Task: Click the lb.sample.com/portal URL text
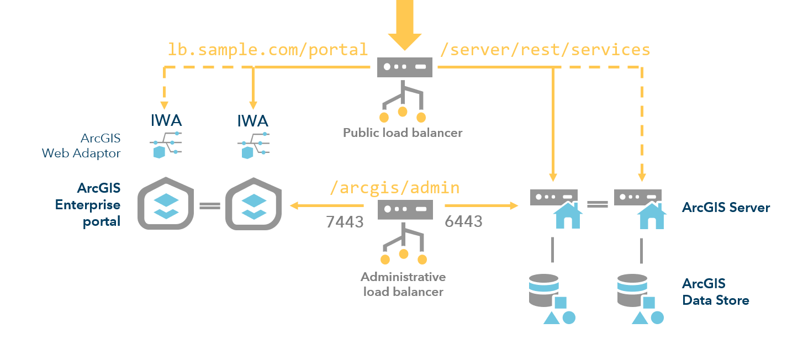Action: point(267,50)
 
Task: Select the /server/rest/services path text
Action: point(545,50)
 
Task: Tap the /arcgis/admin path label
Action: point(394,188)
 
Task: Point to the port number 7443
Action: point(345,222)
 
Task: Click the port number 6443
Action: point(463,222)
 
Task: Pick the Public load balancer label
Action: point(403,133)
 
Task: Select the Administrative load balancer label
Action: point(403,284)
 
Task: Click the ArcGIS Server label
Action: point(726,208)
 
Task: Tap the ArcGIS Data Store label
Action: point(715,292)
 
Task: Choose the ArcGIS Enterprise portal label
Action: point(88,205)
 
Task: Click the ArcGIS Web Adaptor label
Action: point(81,146)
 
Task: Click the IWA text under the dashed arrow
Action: point(166,120)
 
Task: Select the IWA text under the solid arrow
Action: point(253,120)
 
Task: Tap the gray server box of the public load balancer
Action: point(405,67)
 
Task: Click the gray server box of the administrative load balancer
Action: point(405,209)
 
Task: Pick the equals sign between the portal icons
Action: point(209,207)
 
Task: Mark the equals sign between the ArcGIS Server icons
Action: point(596,204)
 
